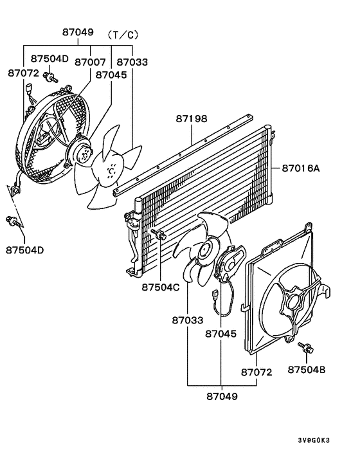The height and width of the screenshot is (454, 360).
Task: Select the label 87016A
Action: pyautogui.click(x=300, y=168)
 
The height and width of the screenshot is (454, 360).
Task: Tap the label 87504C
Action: pyautogui.click(x=160, y=287)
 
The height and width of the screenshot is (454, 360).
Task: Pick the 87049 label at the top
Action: pyautogui.click(x=78, y=32)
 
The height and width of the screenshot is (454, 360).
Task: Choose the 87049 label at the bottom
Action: pyautogui.click(x=221, y=396)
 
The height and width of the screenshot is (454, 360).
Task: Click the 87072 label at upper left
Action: pyautogui.click(x=23, y=73)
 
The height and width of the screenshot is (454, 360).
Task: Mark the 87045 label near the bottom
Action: pyautogui.click(x=221, y=334)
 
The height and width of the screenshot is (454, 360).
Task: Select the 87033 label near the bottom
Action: pyautogui.click(x=187, y=320)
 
